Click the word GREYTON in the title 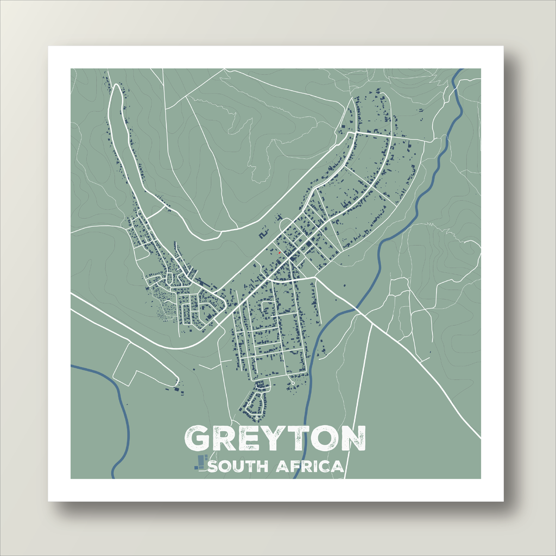(275, 439)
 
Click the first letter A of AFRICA (282, 466)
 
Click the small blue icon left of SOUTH (201, 462)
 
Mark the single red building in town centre (279, 252)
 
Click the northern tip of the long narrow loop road (115, 87)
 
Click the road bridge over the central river (356, 309)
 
